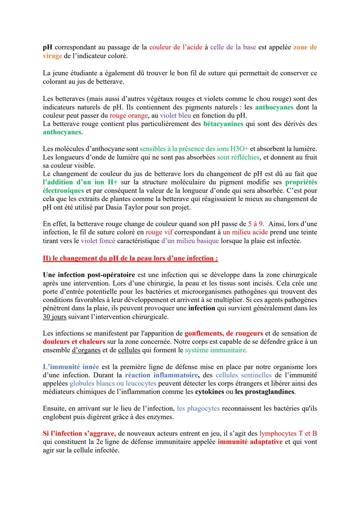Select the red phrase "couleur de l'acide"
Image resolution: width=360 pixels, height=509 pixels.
[176, 47]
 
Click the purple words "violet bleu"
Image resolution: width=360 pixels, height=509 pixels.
[175, 116]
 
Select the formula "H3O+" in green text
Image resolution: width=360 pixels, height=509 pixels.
[239, 149]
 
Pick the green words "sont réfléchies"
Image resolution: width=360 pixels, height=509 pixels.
[238, 157]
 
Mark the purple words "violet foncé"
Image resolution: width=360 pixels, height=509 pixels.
[98, 241]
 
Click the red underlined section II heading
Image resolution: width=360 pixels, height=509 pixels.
[130, 258]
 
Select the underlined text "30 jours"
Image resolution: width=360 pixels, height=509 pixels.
[54, 317]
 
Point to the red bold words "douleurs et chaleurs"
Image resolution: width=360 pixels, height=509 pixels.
[74, 342]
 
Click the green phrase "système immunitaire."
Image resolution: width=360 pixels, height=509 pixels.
[216, 350]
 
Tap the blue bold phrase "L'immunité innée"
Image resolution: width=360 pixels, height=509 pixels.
[71, 367]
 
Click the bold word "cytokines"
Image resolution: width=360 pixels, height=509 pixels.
[209, 392]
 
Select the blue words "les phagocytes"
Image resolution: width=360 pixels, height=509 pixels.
[198, 409]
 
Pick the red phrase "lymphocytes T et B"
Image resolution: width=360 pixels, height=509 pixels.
[288, 434]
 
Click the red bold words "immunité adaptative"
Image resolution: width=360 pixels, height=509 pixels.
[250, 442]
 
